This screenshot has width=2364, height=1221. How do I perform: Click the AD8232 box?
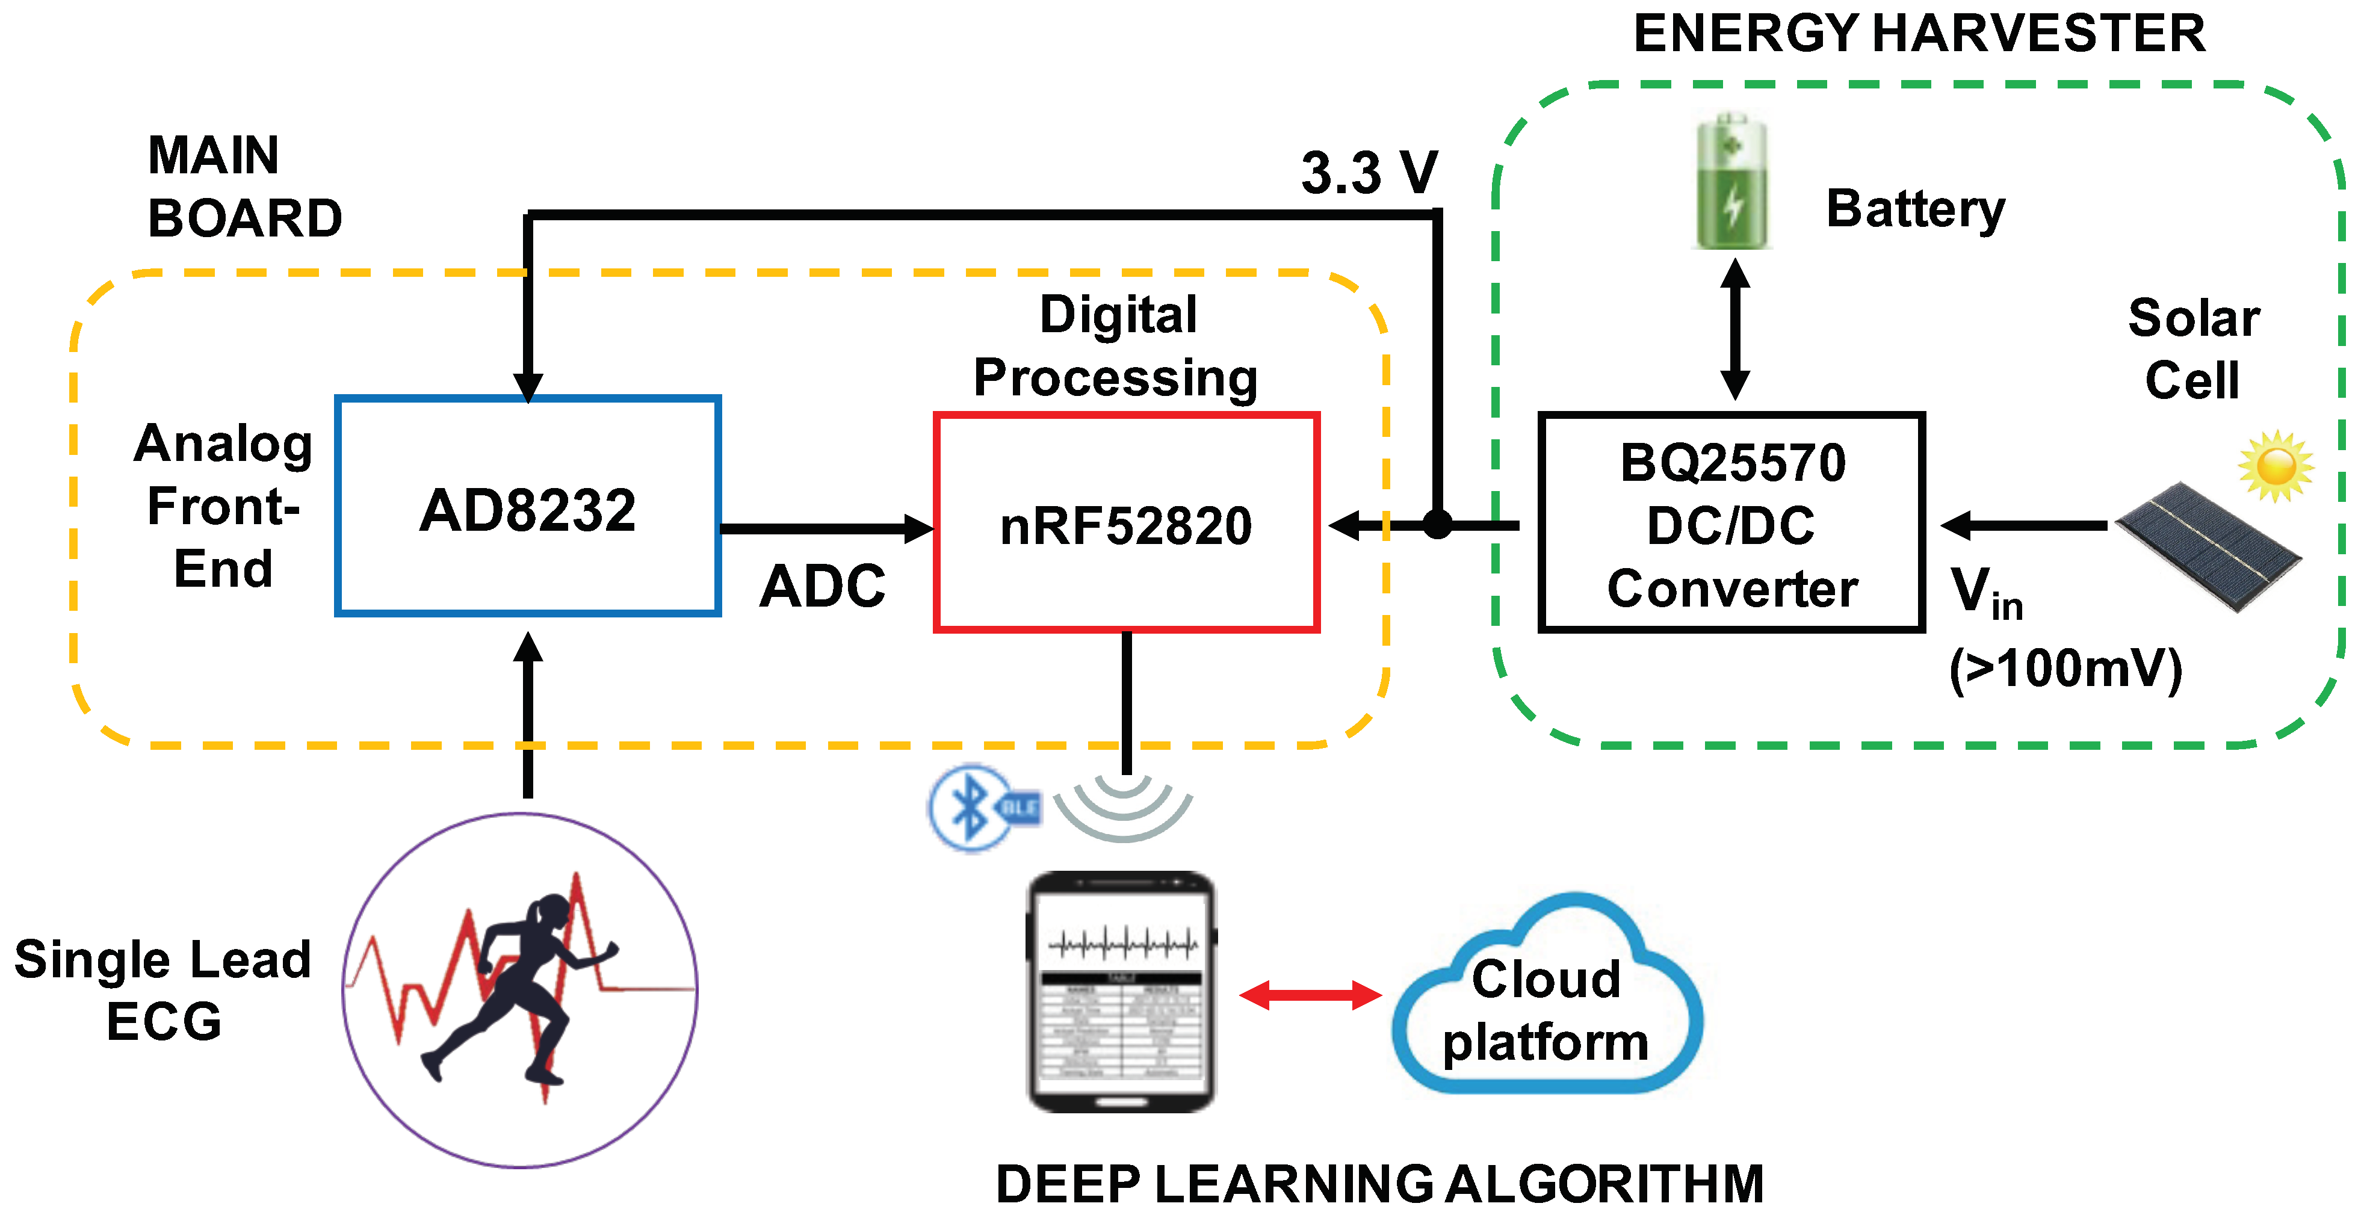click(528, 506)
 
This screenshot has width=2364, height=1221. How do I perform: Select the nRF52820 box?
click(1126, 523)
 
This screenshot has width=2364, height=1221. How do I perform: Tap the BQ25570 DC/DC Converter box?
click(1731, 523)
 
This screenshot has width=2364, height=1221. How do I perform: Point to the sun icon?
click(2276, 465)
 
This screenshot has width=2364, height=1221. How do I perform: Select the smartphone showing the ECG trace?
click(1121, 991)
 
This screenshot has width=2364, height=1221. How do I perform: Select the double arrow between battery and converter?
click(1734, 329)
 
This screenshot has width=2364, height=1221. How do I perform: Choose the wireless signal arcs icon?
click(1123, 807)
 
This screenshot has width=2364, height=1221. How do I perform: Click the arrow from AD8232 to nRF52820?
click(826, 528)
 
